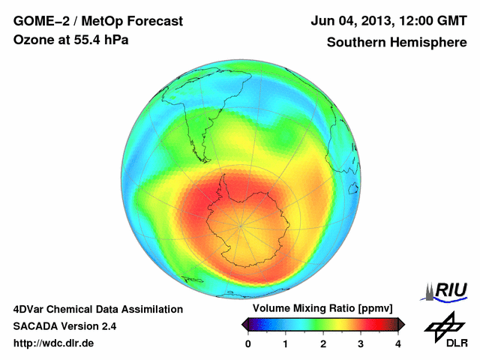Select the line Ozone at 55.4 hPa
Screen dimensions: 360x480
pyautogui.click(x=71, y=40)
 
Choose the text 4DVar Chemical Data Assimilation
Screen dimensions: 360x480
pyautogui.click(x=98, y=309)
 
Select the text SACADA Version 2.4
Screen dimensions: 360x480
pyautogui.click(x=64, y=326)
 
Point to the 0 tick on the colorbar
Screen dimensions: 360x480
pyautogui.click(x=248, y=343)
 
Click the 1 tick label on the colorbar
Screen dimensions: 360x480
pyautogui.click(x=286, y=343)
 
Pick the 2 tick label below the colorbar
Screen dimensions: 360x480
pyautogui.click(x=323, y=343)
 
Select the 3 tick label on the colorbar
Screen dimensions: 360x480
pyautogui.click(x=361, y=343)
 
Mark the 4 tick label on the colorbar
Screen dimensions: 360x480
pyautogui.click(x=398, y=343)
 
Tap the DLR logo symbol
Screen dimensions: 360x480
pyautogui.click(x=442, y=324)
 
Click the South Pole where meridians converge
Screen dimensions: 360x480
pyautogui.click(x=241, y=225)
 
